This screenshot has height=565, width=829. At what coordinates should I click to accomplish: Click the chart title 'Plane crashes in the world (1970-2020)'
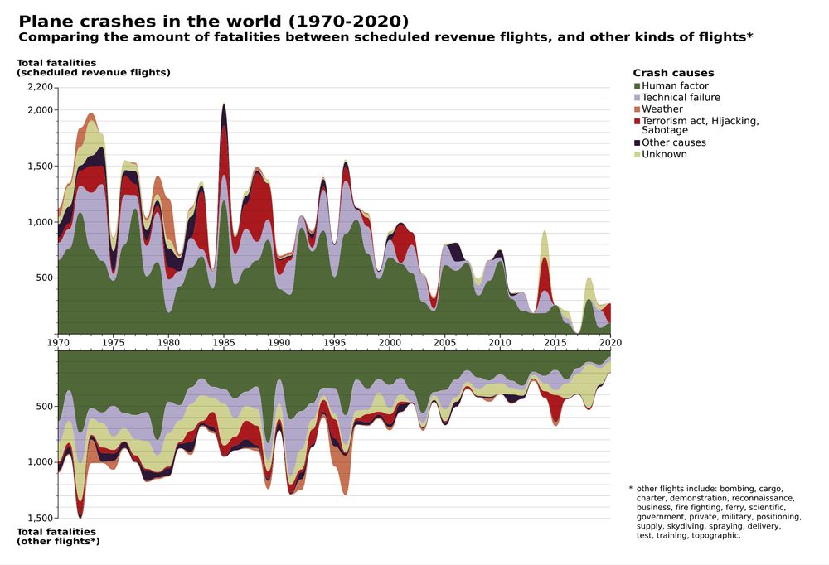pyautogui.click(x=213, y=21)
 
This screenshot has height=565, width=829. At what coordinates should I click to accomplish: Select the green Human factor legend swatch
pyautogui.click(x=637, y=86)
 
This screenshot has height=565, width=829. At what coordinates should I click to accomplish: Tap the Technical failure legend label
pyautogui.click(x=681, y=98)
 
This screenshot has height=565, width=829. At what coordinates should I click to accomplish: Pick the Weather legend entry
pyautogui.click(x=662, y=109)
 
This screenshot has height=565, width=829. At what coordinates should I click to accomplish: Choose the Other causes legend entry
pyautogui.click(x=673, y=142)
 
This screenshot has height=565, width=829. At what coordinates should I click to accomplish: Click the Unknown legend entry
pyautogui.click(x=664, y=154)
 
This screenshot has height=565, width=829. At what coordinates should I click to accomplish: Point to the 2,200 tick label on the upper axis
pyautogui.click(x=40, y=87)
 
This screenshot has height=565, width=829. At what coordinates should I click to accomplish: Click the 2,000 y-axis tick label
pyautogui.click(x=40, y=110)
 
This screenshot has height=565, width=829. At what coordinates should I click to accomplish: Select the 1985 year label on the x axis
pyautogui.click(x=224, y=342)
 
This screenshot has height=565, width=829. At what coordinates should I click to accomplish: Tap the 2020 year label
pyautogui.click(x=611, y=342)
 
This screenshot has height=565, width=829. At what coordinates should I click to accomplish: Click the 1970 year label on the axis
pyautogui.click(x=58, y=342)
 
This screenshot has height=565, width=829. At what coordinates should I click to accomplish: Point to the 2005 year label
pyautogui.click(x=445, y=342)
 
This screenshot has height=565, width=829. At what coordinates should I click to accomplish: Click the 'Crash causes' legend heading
pyautogui.click(x=673, y=73)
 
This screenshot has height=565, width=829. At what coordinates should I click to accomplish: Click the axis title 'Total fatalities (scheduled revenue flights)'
pyautogui.click(x=93, y=67)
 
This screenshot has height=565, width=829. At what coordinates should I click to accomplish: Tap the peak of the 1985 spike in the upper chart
pyautogui.click(x=224, y=104)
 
